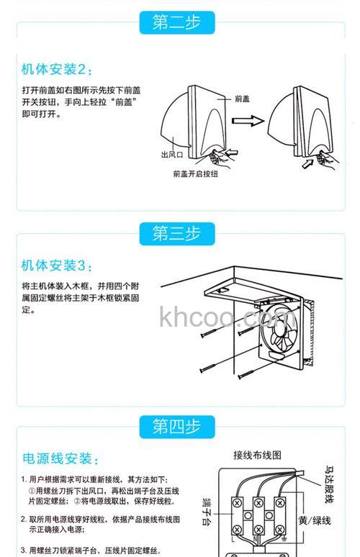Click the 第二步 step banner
click(177, 22)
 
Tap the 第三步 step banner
click(177, 233)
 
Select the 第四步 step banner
click(177, 426)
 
